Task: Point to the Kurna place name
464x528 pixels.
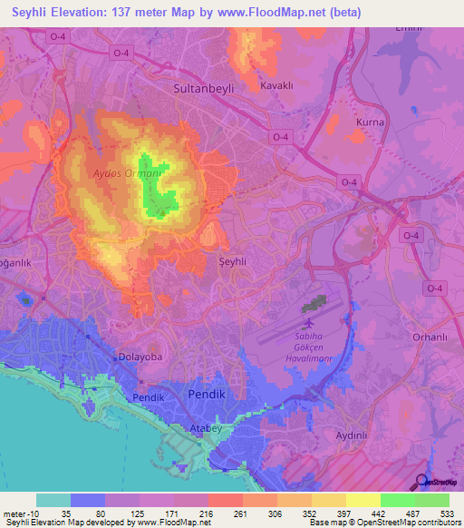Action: point(371,122)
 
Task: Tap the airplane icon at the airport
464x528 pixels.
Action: point(310,322)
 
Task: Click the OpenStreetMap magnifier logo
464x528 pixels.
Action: point(420,482)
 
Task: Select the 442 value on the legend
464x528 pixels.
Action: point(380,514)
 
